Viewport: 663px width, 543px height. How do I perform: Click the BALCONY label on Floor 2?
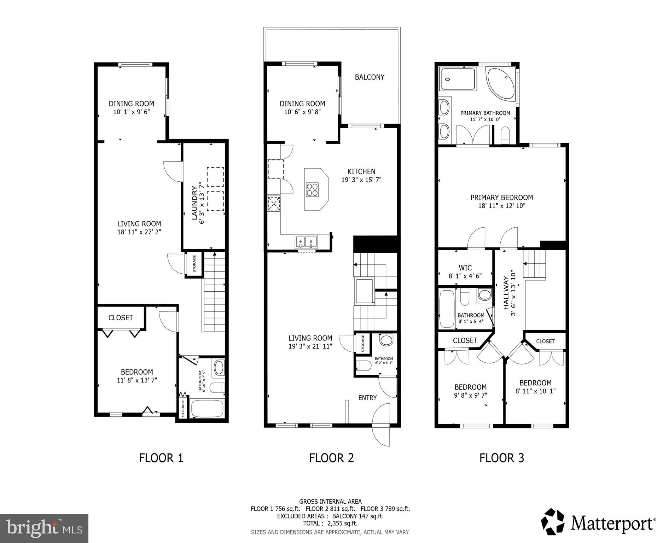click(370, 77)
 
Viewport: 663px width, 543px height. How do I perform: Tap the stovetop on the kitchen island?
click(312, 189)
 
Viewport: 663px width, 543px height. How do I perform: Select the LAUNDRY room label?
click(194, 203)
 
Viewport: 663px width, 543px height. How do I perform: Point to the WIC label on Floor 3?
click(465, 268)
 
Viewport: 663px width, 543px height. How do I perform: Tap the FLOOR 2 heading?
click(331, 458)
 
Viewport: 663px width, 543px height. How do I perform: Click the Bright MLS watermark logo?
click(44, 528)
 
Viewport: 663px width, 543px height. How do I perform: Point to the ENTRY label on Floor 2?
click(367, 398)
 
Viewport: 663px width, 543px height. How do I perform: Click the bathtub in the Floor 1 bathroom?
click(207, 408)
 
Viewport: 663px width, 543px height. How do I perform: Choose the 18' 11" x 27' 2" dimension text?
click(139, 232)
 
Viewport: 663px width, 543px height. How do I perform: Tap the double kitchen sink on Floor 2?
click(306, 242)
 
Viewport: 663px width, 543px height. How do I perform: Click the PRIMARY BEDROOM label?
click(501, 198)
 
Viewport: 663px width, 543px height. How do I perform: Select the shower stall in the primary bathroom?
click(458, 79)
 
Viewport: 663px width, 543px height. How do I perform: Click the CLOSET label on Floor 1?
click(121, 317)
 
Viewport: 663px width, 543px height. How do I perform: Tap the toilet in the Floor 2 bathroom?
click(364, 366)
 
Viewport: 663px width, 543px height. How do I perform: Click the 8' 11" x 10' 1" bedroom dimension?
click(535, 391)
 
